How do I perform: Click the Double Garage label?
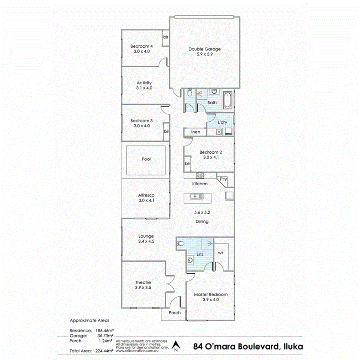point(204,49)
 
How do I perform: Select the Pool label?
point(146,159)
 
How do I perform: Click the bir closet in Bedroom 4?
point(165,37)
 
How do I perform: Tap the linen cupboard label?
point(195,132)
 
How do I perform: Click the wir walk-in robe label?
point(220,253)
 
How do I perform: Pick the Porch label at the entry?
point(175,313)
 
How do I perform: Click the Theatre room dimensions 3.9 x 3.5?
point(143,287)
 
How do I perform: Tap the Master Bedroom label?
point(211,295)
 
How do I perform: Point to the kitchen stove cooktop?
point(200,176)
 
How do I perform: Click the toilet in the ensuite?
point(180,243)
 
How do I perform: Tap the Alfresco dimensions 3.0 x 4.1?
point(146,200)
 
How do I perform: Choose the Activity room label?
point(144,83)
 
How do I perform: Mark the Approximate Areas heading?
point(89,320)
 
